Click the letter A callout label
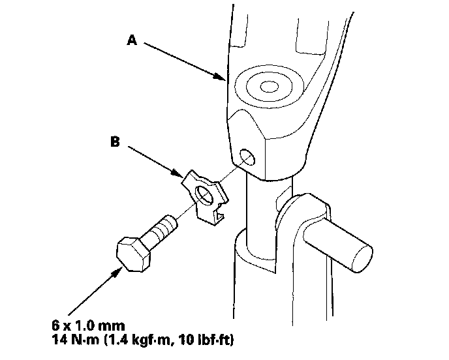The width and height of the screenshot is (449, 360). (x=132, y=40)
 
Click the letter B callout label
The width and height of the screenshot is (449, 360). (x=115, y=141)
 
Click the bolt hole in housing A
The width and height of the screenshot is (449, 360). (x=247, y=157)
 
